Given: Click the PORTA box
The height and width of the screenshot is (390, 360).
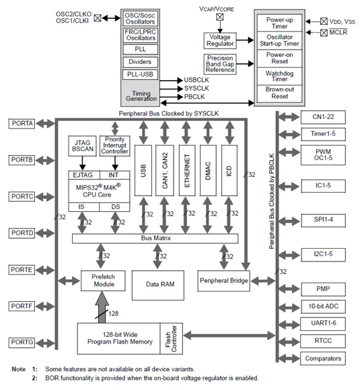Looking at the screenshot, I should (x=26, y=124).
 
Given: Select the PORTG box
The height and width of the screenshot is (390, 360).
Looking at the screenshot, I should (x=26, y=342).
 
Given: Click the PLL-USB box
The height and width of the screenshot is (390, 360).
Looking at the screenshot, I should (x=141, y=74).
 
